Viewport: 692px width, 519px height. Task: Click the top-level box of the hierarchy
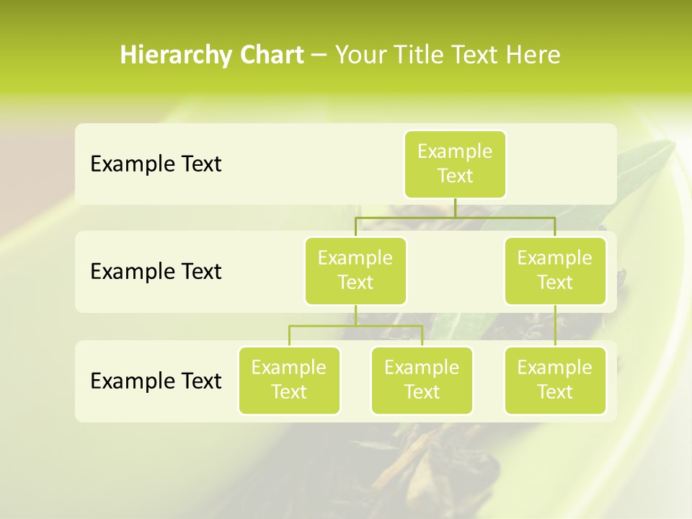coord(455,164)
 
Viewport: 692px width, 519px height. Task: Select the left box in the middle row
coord(355,270)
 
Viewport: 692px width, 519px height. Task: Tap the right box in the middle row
coord(555,270)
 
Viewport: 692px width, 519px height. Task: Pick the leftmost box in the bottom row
coord(289,380)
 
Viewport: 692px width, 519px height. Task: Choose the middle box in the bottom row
coord(422,380)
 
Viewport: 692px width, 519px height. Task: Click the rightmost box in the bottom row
coord(555,380)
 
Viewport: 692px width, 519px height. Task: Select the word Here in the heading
coord(533,55)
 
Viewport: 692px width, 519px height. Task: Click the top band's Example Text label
coord(156,164)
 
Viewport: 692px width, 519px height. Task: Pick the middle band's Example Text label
coord(156,272)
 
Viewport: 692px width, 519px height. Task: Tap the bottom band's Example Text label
coord(156,381)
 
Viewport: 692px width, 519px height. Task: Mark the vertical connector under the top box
coord(455,208)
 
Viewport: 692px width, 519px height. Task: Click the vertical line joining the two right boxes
coord(555,326)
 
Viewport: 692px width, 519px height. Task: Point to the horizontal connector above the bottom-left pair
coord(355,326)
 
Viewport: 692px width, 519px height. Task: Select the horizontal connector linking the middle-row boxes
coord(455,216)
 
